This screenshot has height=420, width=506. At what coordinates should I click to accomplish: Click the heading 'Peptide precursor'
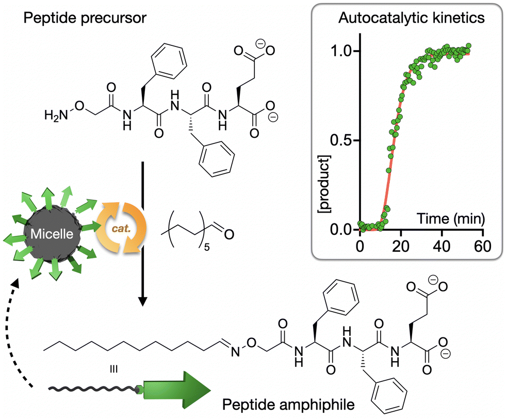[85, 18]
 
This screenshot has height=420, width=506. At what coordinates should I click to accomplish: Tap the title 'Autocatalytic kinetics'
[412, 18]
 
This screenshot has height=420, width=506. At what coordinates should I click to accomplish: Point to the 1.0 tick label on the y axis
[342, 51]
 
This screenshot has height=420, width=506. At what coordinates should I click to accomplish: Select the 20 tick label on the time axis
[401, 246]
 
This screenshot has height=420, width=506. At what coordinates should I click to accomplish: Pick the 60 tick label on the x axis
[483, 246]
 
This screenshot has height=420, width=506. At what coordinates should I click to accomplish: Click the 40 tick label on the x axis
[442, 246]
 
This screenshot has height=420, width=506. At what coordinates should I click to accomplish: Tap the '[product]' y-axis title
[324, 184]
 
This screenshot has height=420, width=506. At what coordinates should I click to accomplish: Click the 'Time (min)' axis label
[451, 219]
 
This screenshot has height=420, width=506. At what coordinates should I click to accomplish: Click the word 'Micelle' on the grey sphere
[52, 234]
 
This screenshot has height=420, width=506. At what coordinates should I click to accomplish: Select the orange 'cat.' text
[121, 229]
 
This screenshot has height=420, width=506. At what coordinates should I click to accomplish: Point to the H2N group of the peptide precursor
[56, 115]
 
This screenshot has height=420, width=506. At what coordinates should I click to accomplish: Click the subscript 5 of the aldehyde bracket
[207, 248]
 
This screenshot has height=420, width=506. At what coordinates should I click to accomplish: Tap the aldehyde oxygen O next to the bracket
[229, 234]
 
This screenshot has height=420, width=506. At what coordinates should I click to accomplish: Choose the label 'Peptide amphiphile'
[288, 405]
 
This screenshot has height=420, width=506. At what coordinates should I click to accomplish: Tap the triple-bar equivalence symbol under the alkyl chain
[113, 369]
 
